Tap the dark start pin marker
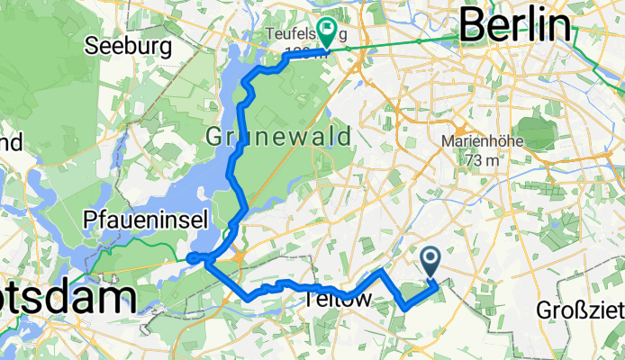coord(430,263)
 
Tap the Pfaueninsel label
coord(146,219)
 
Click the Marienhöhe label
coord(478,141)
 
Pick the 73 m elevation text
coord(478,159)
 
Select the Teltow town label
coord(339,299)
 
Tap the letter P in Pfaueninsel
coord(88,219)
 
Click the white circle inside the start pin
coord(430,259)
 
